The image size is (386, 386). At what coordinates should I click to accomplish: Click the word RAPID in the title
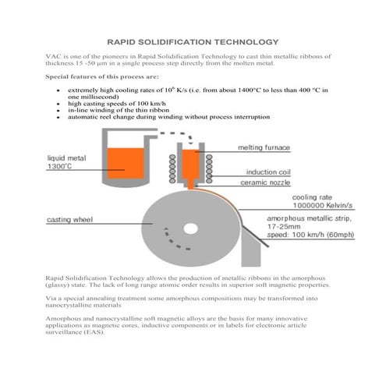(x=122, y=41)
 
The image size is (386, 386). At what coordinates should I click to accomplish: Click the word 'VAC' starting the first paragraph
(x=53, y=57)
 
